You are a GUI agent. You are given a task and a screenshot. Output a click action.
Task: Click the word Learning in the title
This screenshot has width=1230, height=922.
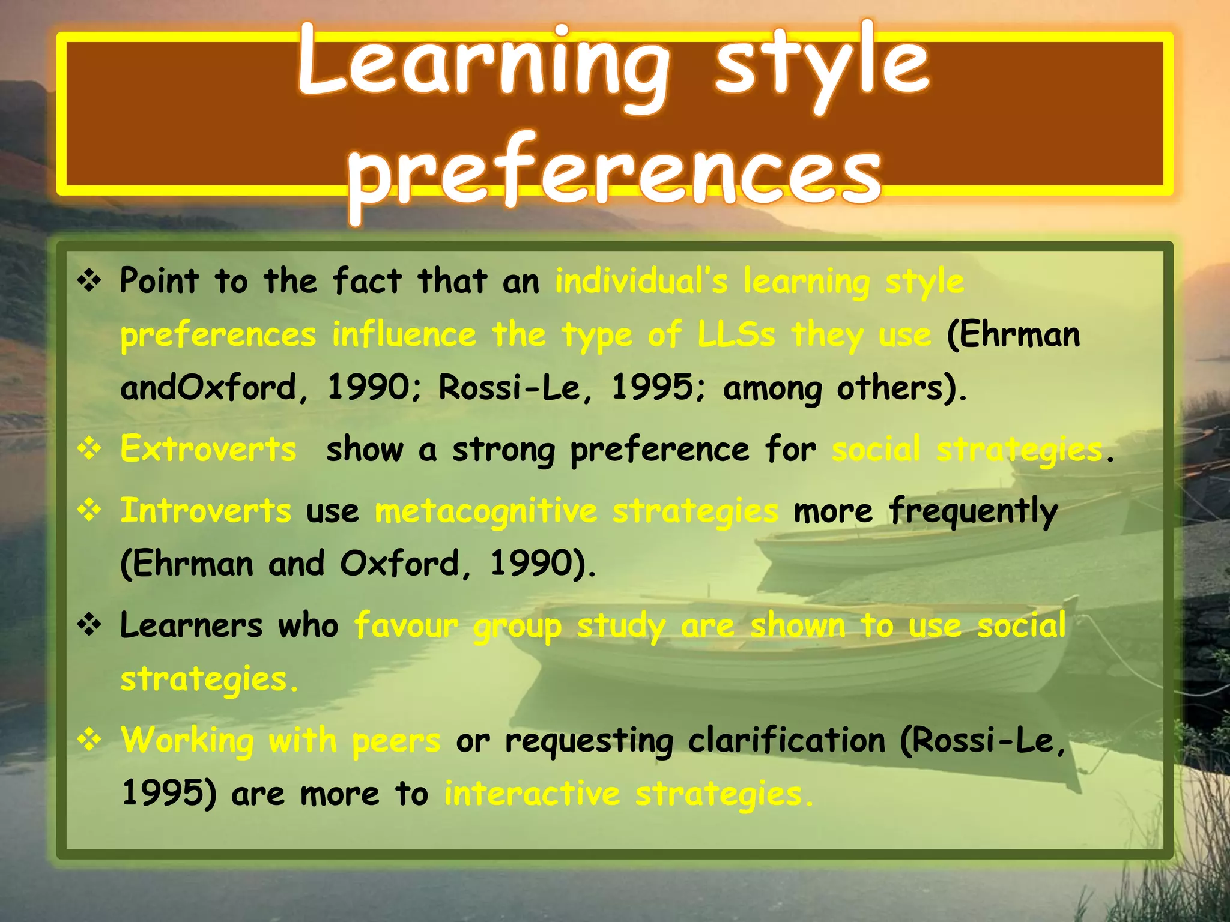coord(483,65)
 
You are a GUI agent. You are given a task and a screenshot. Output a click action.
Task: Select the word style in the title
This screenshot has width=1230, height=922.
coord(822,65)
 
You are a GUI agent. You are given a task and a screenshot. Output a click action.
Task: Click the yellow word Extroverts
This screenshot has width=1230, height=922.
coord(208,449)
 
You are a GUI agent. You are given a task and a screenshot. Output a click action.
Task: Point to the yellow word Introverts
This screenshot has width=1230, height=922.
coord(206,511)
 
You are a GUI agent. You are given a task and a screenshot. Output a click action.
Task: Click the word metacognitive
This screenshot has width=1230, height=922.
coord(486,512)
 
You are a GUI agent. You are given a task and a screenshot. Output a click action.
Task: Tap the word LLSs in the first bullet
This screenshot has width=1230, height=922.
coord(736,334)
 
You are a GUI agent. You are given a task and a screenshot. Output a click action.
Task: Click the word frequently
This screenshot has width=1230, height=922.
coord(973,512)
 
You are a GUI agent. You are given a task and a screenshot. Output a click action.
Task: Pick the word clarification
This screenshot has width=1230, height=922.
coord(786,741)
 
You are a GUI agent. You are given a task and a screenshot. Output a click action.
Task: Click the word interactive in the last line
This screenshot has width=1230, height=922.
coord(532,794)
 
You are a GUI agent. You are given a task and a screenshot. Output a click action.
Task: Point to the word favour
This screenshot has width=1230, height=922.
coord(406,625)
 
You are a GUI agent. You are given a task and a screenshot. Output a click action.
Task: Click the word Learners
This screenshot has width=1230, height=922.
coord(191,625)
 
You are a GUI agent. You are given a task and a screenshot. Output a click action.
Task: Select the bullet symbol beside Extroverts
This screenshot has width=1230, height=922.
coord(89,449)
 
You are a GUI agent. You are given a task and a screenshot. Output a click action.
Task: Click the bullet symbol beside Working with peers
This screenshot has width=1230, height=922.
coord(89,740)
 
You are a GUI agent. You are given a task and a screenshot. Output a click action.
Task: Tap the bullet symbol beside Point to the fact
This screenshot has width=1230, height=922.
coord(89,281)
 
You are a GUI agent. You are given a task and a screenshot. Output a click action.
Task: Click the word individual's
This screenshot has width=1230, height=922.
coord(641,281)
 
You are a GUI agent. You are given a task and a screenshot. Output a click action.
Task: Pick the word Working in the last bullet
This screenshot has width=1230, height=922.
coord(187,741)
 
